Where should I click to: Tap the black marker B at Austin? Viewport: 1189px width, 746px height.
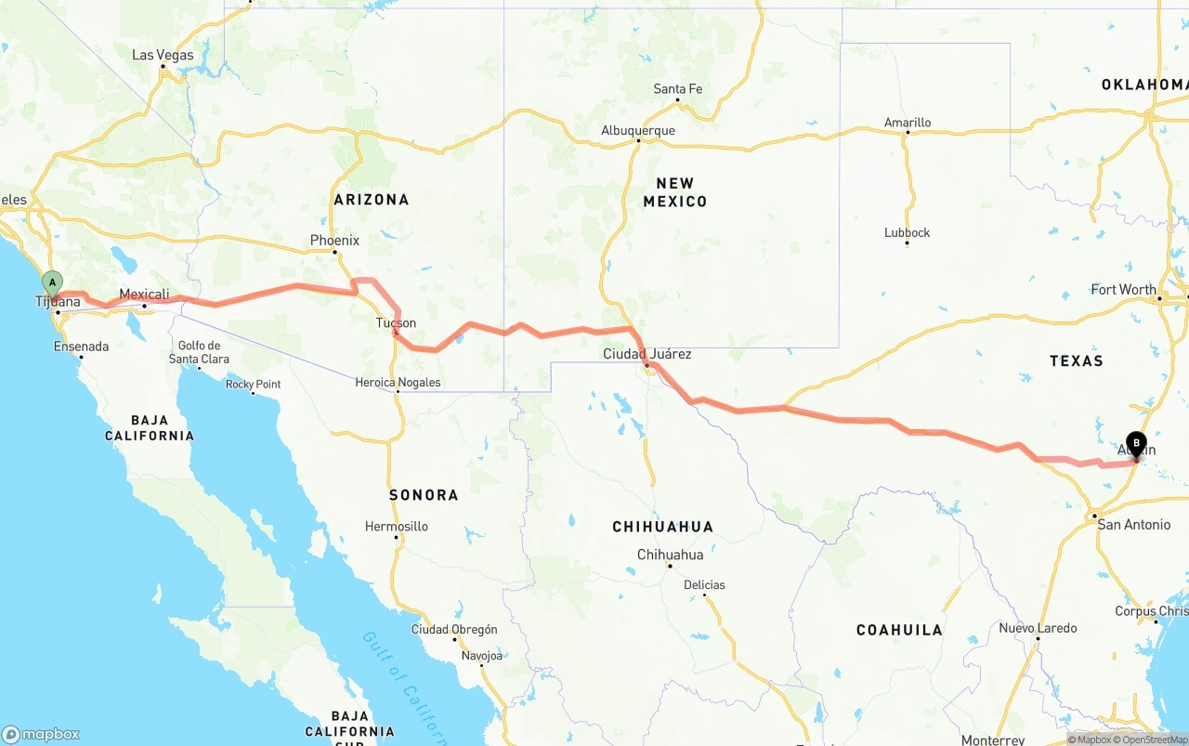(x=1136, y=444)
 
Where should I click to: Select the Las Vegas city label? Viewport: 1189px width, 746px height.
(x=163, y=55)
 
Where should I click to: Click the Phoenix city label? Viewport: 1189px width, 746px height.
(x=334, y=241)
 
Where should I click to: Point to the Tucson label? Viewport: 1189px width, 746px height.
(x=396, y=323)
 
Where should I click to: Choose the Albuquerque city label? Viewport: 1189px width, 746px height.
(x=638, y=131)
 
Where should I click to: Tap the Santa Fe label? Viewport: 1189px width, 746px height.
(x=678, y=89)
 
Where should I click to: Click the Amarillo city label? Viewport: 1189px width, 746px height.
(x=908, y=123)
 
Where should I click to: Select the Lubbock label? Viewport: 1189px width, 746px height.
(x=908, y=233)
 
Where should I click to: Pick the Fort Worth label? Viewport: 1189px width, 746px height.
(x=1124, y=290)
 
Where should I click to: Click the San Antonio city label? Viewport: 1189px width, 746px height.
(x=1134, y=525)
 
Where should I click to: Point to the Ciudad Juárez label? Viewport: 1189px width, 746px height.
(x=647, y=354)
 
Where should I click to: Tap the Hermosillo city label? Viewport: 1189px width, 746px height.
(x=397, y=527)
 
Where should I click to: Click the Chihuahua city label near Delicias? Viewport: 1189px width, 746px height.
(x=670, y=555)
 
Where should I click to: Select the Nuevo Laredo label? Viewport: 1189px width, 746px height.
(x=1038, y=628)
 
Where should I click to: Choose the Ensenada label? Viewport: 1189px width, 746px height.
(x=82, y=347)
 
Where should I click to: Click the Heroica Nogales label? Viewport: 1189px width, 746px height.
(x=398, y=383)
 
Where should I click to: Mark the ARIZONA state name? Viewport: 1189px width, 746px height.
(x=372, y=200)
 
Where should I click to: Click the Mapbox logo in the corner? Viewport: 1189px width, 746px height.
(x=41, y=734)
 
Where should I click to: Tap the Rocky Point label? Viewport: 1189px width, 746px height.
(x=254, y=385)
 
